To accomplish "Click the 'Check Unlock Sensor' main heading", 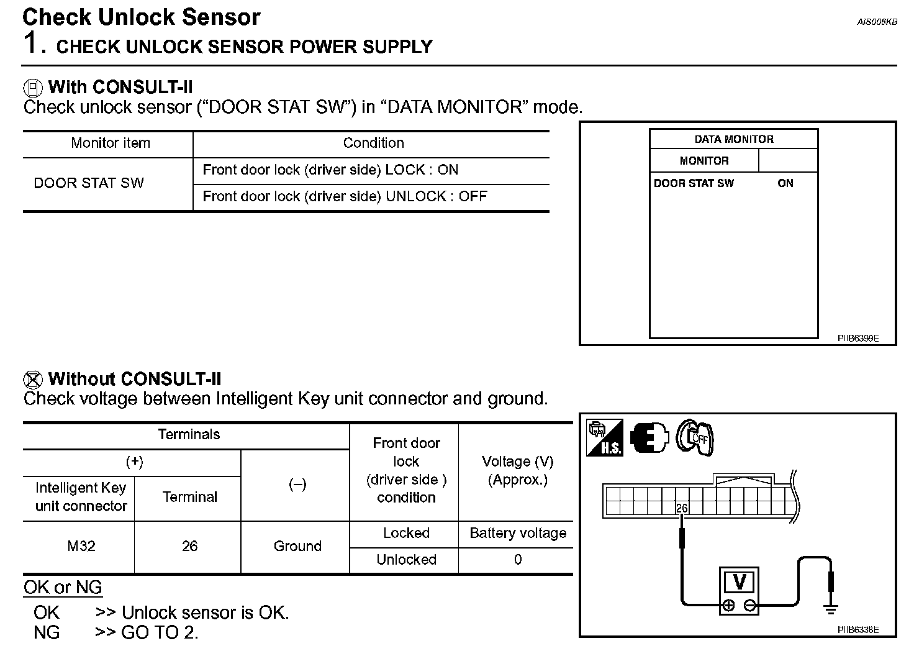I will pos(142,17).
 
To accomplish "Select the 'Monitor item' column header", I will pos(111,143).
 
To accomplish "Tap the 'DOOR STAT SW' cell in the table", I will pos(89,183).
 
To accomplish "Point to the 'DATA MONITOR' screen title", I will pos(734,139).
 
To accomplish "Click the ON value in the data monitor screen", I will pos(785,183).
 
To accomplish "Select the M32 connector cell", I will pos(81,547).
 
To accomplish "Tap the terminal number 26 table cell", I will pos(189,547).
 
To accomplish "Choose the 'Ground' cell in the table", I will pos(297,547).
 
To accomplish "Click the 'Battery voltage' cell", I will pos(518,534).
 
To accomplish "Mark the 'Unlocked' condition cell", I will pos(406,560).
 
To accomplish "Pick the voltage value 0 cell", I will pos(518,560).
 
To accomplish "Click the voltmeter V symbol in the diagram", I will pos(740,583).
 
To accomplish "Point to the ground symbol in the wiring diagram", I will pos(830,608).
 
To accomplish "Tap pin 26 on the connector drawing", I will pos(682,509).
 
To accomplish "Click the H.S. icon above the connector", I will pos(604,438).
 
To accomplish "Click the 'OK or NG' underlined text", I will pos(63,588).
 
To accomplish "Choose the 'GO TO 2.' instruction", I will pos(160,633).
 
